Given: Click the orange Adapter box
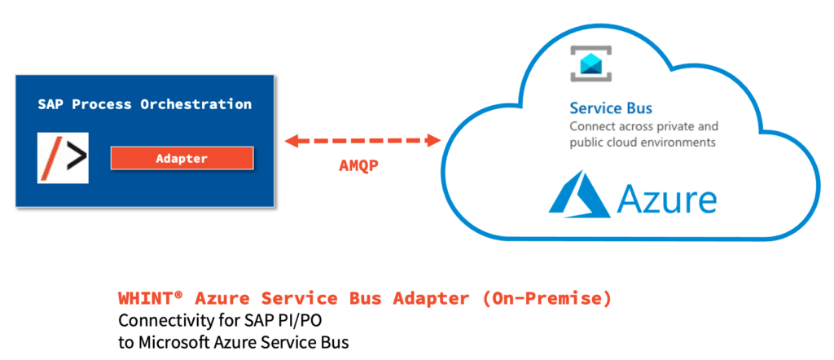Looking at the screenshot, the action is (x=182, y=159).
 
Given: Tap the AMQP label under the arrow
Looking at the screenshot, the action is (x=359, y=165).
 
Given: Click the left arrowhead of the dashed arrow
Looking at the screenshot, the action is (x=292, y=141).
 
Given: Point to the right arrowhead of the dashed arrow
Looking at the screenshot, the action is (x=435, y=141).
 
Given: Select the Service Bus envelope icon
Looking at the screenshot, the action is (x=591, y=64).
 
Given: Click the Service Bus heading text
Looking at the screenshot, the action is (x=611, y=108).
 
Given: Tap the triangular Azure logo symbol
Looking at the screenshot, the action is (x=580, y=195).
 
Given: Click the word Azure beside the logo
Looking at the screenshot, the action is (x=667, y=199).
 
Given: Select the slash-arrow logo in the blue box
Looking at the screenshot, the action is (x=63, y=158).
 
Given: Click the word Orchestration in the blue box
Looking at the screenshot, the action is (x=195, y=104).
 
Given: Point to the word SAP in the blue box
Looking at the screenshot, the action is (x=50, y=104).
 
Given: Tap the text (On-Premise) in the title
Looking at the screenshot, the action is (x=546, y=298).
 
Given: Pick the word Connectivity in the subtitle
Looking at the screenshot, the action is (x=156, y=322).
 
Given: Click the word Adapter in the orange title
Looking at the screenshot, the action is (x=431, y=299).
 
